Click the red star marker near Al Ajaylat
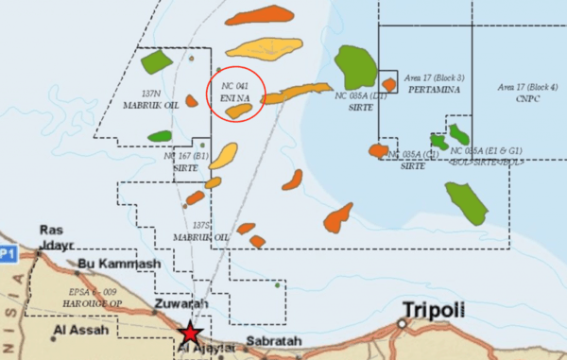(x=191, y=333)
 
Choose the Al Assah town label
(x=79, y=330)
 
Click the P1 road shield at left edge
(x=9, y=252)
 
